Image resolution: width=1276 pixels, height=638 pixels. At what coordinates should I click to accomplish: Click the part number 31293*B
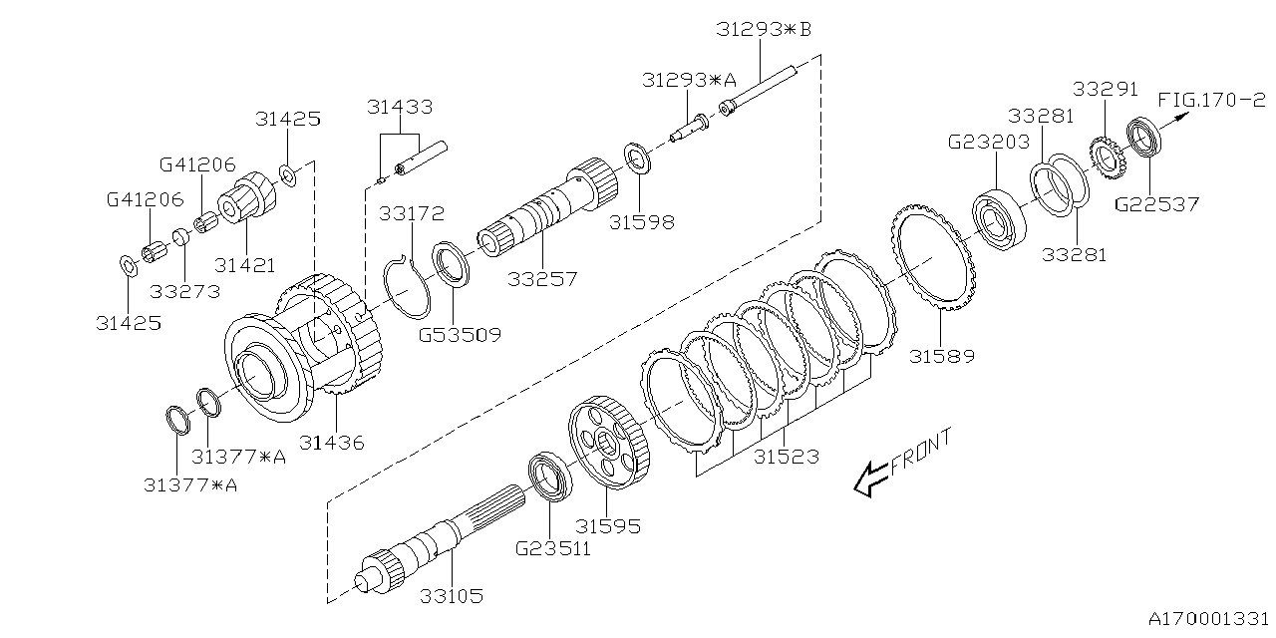point(764,30)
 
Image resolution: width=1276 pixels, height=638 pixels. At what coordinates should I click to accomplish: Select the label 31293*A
point(690,80)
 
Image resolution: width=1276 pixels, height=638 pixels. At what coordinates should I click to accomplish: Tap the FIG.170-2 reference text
point(1211,100)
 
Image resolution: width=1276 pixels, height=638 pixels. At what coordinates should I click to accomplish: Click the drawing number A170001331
point(1205,618)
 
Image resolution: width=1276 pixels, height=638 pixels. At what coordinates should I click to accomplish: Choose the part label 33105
point(451,596)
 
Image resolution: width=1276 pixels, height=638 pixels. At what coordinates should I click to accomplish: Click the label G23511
point(552,547)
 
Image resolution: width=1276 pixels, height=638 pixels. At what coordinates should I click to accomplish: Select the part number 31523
point(786,457)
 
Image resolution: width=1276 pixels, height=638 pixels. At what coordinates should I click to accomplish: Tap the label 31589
point(942,356)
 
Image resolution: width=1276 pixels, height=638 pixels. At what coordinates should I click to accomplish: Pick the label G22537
point(1156,204)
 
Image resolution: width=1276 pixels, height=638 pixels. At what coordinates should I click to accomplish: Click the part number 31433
point(400,107)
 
